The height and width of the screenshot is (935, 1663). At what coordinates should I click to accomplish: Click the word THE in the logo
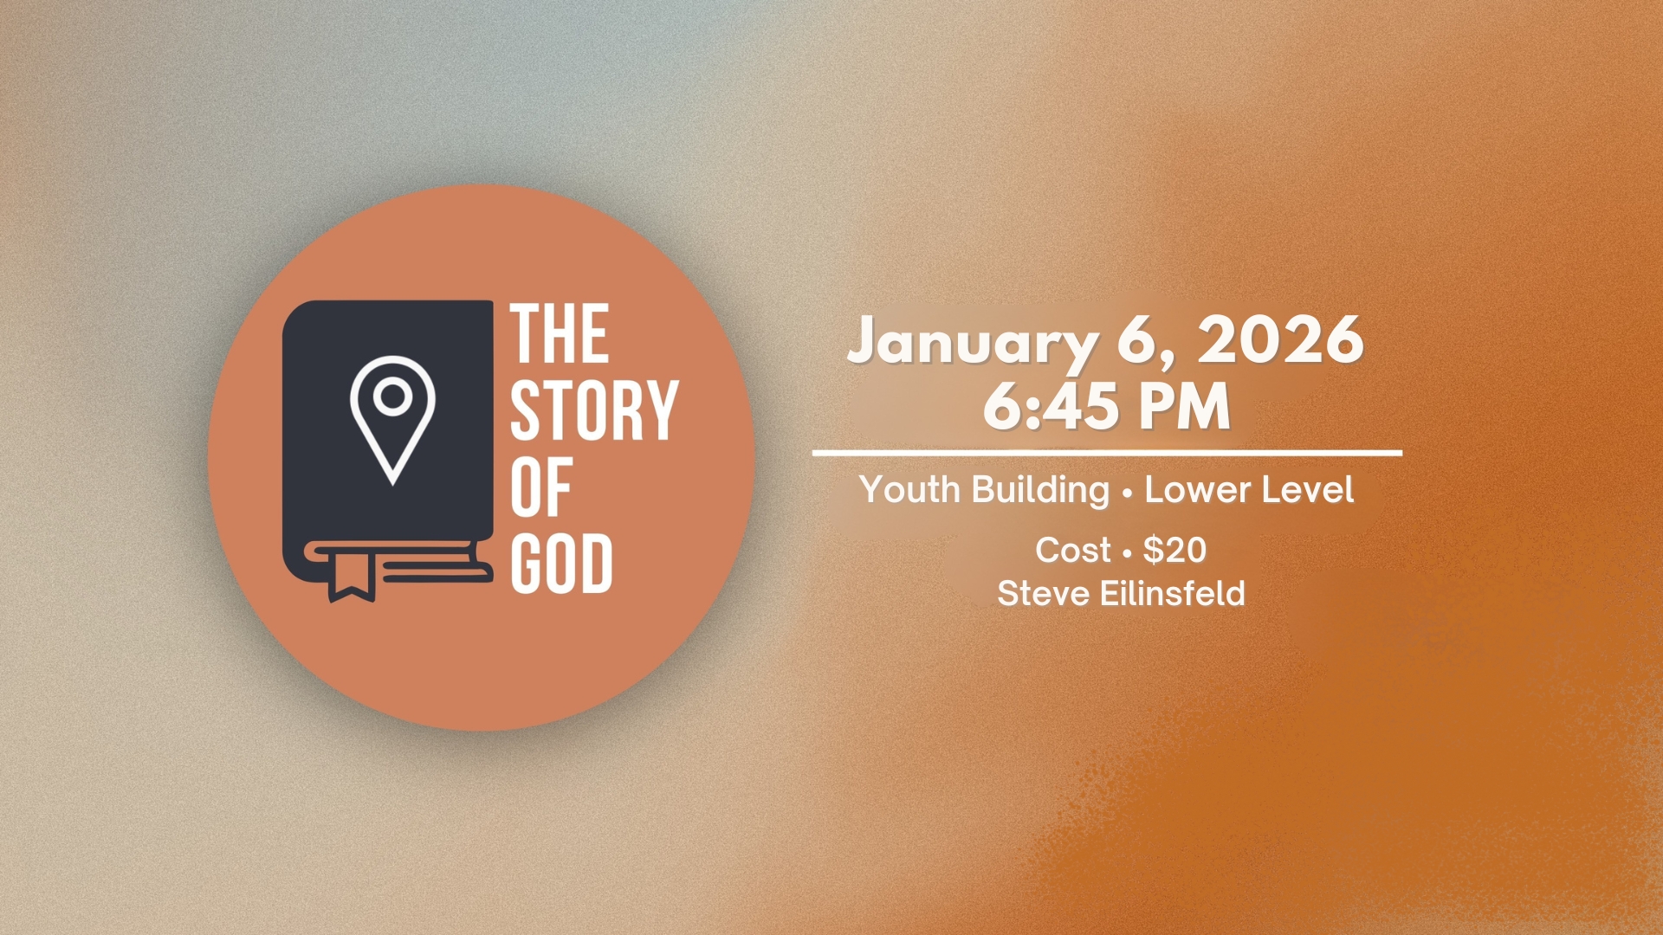point(560,333)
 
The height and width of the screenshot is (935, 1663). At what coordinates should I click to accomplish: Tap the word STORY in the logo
point(594,410)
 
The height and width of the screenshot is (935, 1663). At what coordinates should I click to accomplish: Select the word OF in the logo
point(540,487)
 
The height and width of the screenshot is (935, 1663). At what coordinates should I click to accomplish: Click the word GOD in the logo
point(561,564)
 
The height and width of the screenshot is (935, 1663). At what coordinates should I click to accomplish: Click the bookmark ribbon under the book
point(351,576)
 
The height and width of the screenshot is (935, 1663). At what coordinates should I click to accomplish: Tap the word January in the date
point(972,342)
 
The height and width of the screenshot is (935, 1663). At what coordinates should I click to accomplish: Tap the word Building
point(1040,491)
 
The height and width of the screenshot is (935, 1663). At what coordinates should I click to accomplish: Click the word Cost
point(1072,550)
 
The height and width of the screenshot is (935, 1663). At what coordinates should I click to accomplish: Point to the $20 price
point(1174,550)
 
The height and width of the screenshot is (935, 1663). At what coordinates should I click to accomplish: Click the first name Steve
point(1043,594)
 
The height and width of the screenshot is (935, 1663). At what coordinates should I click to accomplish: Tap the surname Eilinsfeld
point(1173,594)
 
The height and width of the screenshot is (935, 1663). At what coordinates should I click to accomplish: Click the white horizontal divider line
point(1107,453)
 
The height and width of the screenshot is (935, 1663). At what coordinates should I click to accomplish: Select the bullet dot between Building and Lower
point(1127,493)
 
